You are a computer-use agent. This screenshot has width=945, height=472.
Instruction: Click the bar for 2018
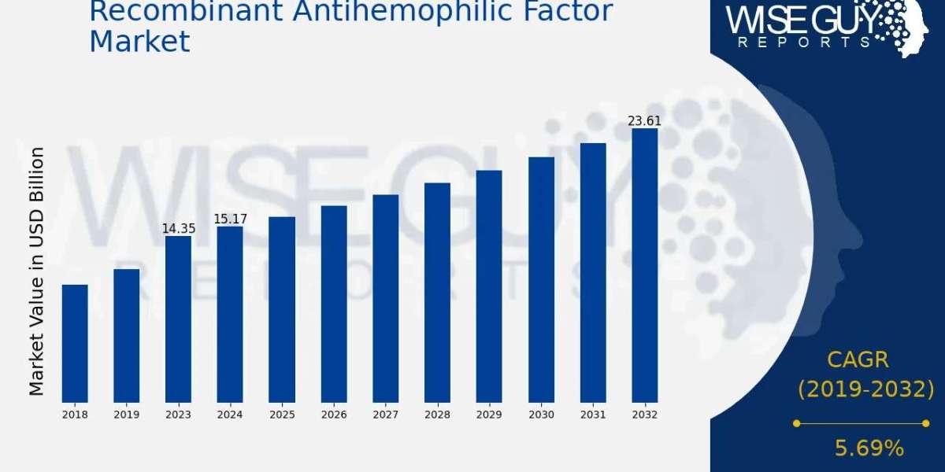[x=75, y=344]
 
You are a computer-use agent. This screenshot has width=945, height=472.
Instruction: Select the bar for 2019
[x=127, y=336]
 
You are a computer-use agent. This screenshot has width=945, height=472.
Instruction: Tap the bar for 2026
[x=334, y=304]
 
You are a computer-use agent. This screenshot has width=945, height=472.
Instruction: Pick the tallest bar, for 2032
[x=645, y=266]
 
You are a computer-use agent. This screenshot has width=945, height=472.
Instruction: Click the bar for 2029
[x=489, y=286]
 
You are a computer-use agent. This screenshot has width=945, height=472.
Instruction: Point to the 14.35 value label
[x=179, y=229]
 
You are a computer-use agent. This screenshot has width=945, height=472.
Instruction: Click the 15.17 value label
[x=230, y=219]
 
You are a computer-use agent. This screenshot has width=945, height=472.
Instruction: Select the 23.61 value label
[x=645, y=121]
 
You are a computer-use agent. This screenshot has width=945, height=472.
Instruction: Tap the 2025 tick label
[x=282, y=415]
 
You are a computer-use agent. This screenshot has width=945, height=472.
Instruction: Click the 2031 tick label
[x=593, y=415]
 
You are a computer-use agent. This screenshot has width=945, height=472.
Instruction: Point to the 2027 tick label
[x=386, y=415]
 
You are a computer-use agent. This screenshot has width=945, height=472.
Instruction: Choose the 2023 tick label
[x=178, y=415]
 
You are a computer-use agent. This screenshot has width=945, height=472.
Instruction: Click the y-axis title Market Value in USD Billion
[x=37, y=271]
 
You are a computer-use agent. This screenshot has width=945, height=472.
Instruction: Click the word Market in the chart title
[x=139, y=41]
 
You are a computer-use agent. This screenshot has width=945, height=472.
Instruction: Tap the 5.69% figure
[x=869, y=448]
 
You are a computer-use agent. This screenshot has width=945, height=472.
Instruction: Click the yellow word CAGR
[x=858, y=360]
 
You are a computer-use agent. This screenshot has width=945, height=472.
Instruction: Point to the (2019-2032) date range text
[x=866, y=389]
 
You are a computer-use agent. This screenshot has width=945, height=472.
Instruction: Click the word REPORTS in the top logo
[x=805, y=42]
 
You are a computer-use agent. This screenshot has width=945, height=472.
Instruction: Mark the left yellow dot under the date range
[x=796, y=423]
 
